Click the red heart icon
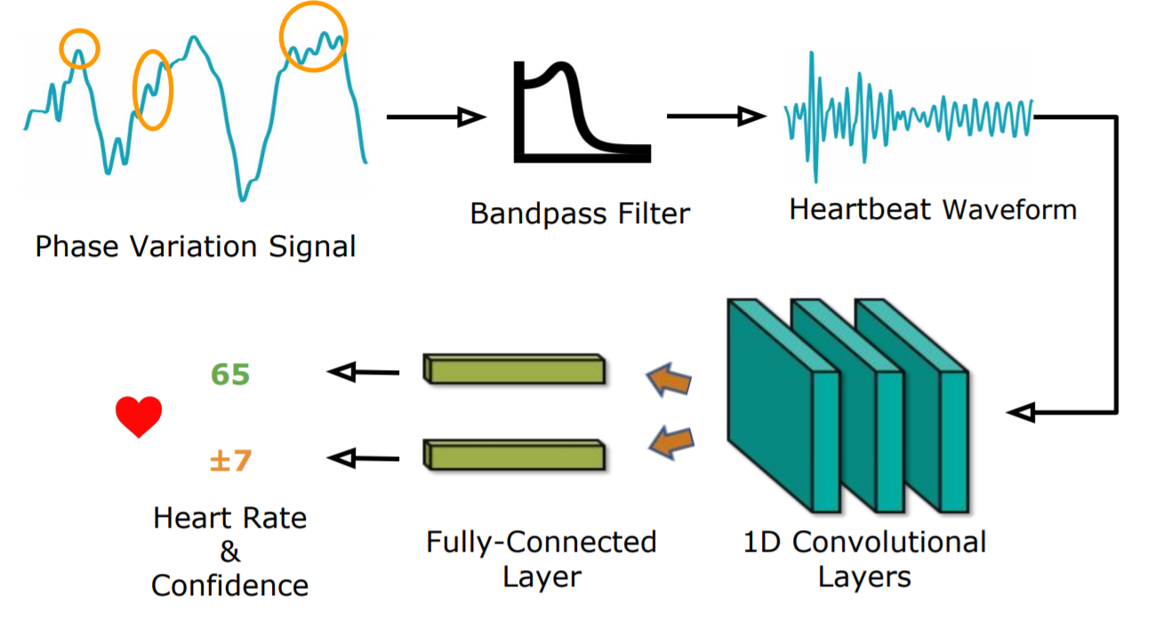click(x=139, y=416)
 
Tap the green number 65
click(x=230, y=375)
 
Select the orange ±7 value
click(x=230, y=461)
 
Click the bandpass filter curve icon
click(x=581, y=111)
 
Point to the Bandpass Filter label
click(x=580, y=214)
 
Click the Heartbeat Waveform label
click(x=933, y=210)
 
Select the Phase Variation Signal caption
click(x=196, y=246)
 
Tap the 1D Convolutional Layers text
click(x=864, y=559)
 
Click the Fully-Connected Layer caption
click(x=541, y=558)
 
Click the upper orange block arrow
click(x=668, y=379)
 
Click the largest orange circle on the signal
click(x=313, y=36)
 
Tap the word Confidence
click(x=230, y=585)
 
